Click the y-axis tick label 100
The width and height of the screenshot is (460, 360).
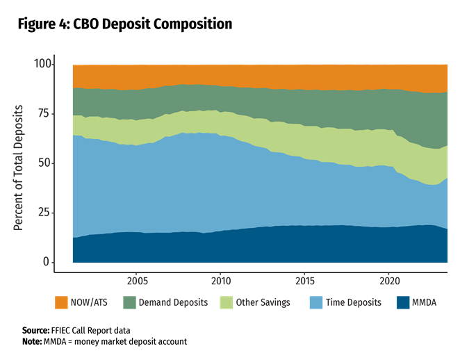click(43, 64)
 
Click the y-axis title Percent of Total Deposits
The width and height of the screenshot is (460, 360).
click(19, 168)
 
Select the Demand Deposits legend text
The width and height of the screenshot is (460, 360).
click(173, 303)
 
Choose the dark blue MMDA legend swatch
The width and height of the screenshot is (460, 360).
click(401, 302)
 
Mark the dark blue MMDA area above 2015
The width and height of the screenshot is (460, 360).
click(304, 244)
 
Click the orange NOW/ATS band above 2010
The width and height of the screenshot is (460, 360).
click(220, 75)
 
